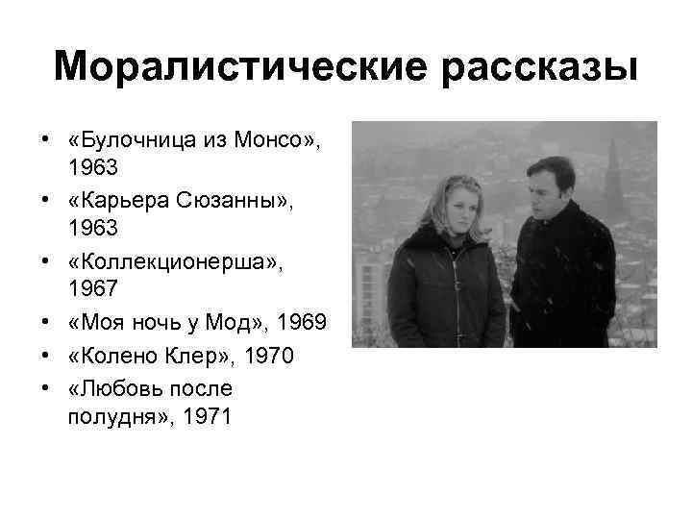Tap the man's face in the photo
tap(548, 189)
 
